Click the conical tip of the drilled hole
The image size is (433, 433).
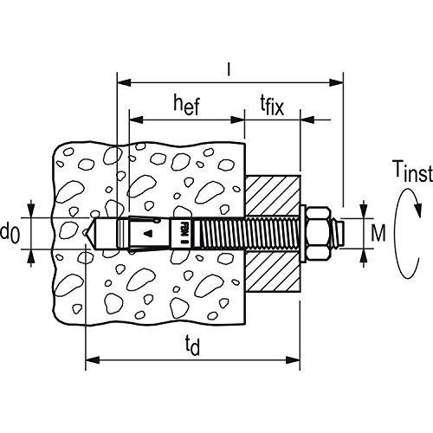(x=92, y=232)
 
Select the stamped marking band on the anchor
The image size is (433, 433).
(x=183, y=232)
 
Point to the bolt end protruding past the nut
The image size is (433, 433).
(x=339, y=232)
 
